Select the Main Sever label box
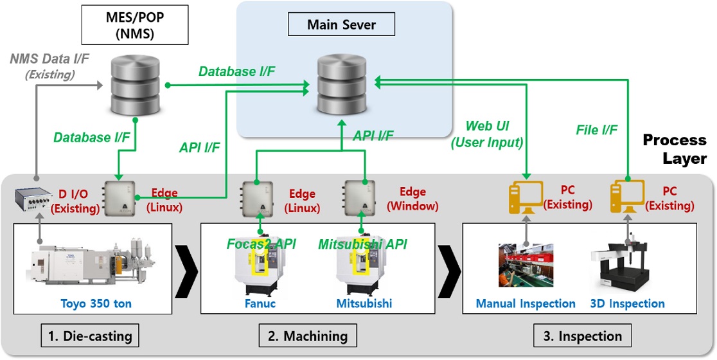[341, 25]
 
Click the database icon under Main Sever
[341, 84]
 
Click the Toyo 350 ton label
[92, 303]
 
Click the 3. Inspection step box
[582, 336]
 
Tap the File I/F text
[596, 130]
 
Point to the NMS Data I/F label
[49, 66]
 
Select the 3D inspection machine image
[626, 265]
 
